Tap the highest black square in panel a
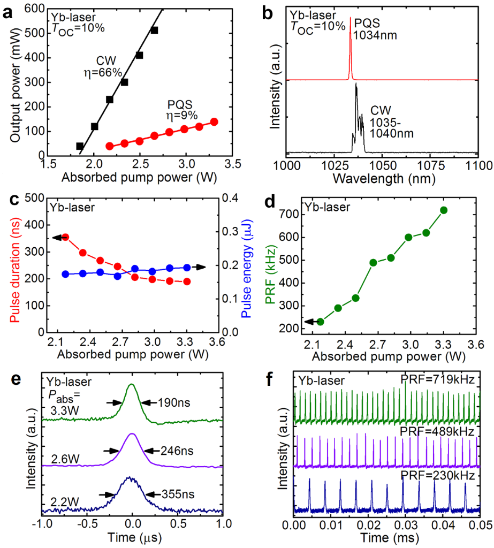pyautogui.click(x=154, y=31)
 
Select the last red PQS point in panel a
pyautogui.click(x=214, y=122)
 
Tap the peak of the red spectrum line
pyautogui.click(x=351, y=17)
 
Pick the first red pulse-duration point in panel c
pyautogui.click(x=66, y=237)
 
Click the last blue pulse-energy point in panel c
pyautogui.click(x=187, y=267)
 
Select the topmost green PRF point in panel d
pyautogui.click(x=443, y=210)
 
